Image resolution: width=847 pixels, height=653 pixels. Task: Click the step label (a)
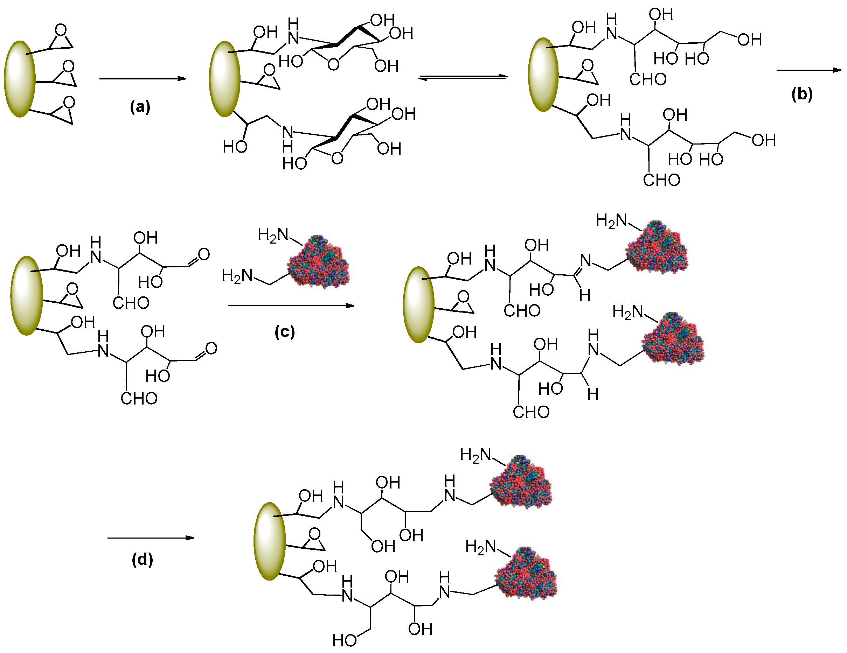click(x=140, y=107)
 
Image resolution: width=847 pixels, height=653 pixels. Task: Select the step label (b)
click(x=801, y=94)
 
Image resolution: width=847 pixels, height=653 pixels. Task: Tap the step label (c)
click(x=284, y=332)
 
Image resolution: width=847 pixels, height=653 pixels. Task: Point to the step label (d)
click(x=142, y=560)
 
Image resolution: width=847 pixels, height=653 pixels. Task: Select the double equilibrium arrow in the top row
click(x=463, y=77)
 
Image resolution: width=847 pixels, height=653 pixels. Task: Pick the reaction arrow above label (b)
click(x=808, y=70)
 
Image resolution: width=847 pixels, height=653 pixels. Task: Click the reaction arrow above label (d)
click(x=151, y=538)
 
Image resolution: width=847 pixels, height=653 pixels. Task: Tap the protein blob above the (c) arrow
click(x=318, y=262)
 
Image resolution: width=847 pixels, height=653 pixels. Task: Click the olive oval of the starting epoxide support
click(x=20, y=79)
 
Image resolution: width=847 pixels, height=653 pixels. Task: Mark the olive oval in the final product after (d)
click(x=270, y=541)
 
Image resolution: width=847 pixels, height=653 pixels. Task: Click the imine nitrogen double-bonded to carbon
click(x=585, y=260)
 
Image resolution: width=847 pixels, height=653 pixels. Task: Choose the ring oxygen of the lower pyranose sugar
click(x=337, y=158)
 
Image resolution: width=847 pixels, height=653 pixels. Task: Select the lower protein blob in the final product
click(x=526, y=574)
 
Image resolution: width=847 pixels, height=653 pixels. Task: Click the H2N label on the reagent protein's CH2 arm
click(x=237, y=276)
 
